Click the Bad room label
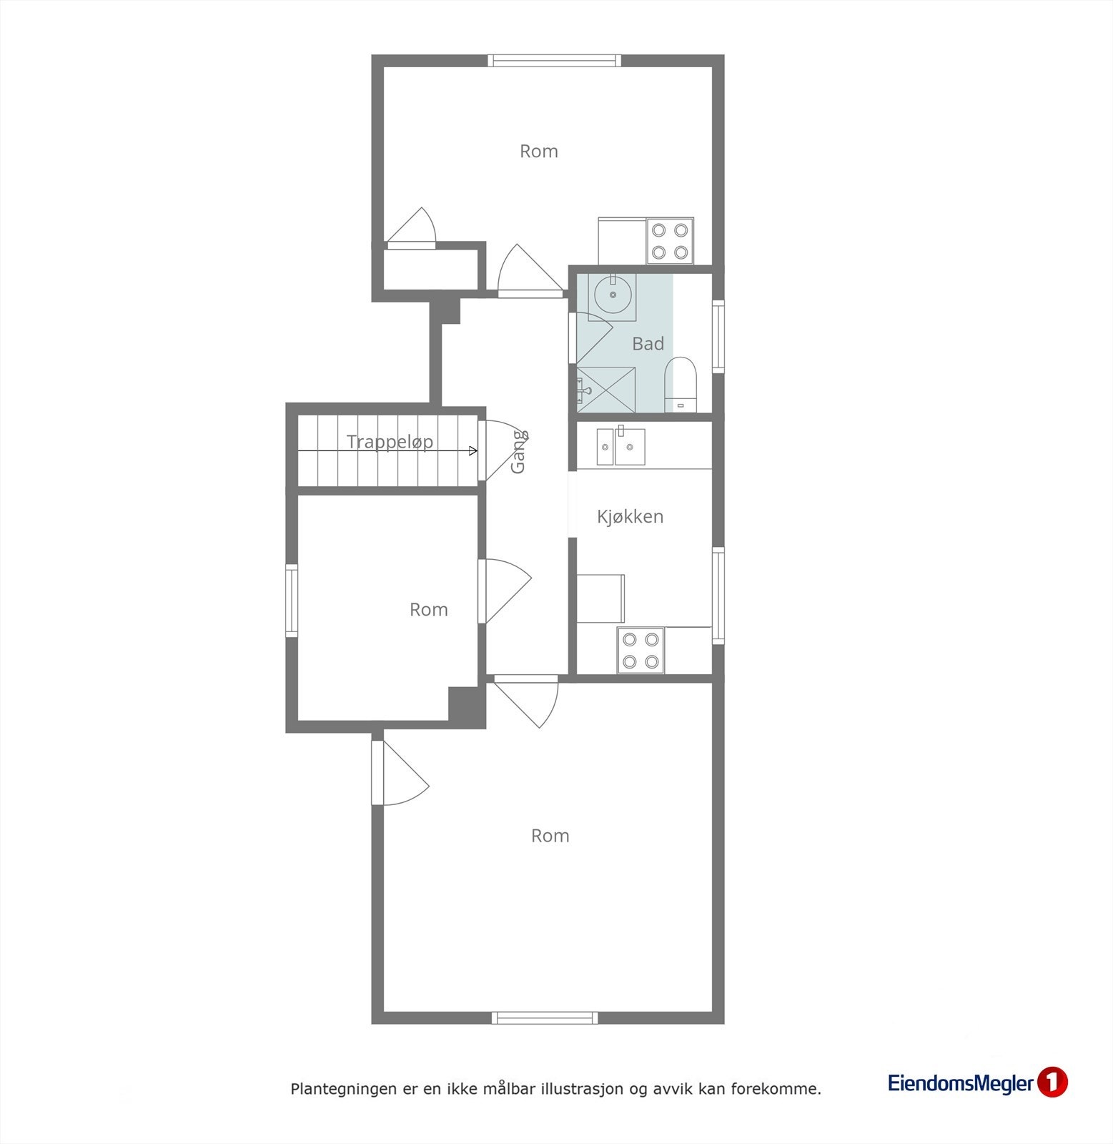[x=648, y=344]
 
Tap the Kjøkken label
[x=630, y=516]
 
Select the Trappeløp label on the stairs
[x=390, y=442]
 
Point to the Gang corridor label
[x=519, y=452]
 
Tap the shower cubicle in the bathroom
[x=605, y=390]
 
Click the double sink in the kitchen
[x=621, y=447]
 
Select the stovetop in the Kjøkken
[x=640, y=650]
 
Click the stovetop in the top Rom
[x=670, y=240]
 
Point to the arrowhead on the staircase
[x=473, y=450]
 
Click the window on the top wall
[x=554, y=61]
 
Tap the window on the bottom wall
[x=545, y=1017]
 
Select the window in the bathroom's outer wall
[x=718, y=337]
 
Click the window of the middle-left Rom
[x=292, y=600]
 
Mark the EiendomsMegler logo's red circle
[x=1052, y=1083]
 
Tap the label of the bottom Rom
[x=550, y=836]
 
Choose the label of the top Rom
[x=538, y=152]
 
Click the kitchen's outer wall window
[x=718, y=596]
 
